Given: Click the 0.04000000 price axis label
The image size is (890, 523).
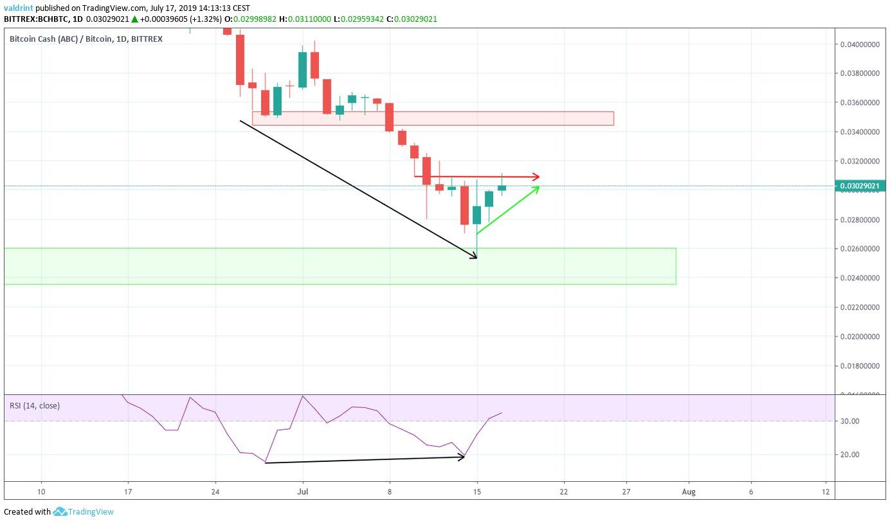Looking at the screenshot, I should (859, 44).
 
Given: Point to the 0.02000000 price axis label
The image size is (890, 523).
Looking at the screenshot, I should (859, 336).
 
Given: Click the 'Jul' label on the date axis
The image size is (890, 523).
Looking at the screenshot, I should (302, 492).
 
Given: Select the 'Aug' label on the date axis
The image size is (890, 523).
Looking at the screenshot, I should (689, 492).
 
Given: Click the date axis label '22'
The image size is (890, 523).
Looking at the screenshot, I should (564, 492).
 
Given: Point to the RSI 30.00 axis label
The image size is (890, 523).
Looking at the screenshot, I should (849, 421).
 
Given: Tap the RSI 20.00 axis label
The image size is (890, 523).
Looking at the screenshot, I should (849, 455).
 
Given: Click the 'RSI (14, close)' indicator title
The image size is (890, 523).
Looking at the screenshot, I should (35, 406).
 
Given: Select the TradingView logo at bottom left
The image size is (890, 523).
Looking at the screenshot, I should (84, 512).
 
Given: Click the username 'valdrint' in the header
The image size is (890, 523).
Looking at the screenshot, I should (18, 8).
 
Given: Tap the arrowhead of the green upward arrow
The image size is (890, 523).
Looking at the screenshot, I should (536, 188).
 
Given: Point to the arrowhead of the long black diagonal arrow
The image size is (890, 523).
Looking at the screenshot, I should (475, 257).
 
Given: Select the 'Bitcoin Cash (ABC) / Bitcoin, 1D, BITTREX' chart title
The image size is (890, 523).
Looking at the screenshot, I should (86, 39).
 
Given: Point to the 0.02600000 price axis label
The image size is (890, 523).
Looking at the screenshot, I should (859, 249).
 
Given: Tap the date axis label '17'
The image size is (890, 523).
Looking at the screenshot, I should (127, 492).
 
